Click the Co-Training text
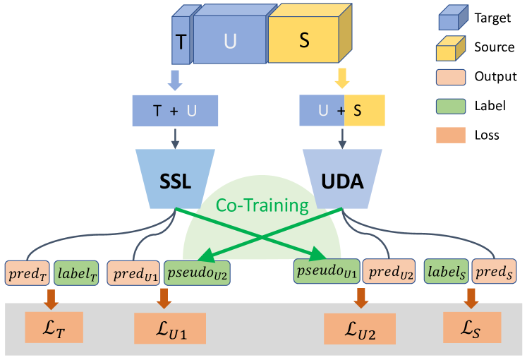click(x=262, y=206)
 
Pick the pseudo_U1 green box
click(x=326, y=270)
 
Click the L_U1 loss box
click(x=170, y=328)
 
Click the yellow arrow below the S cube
click(x=343, y=77)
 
